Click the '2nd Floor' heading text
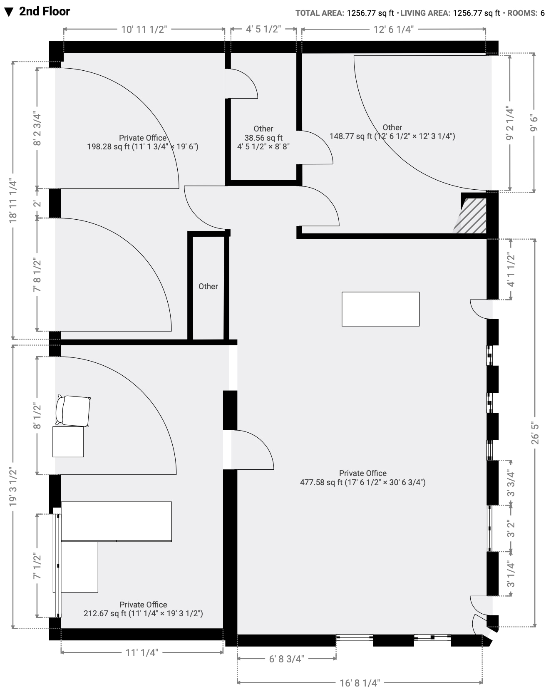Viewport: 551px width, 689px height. pos(45,12)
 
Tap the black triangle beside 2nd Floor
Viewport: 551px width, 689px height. pos(9,12)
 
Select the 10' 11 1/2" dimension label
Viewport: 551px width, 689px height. pos(144,29)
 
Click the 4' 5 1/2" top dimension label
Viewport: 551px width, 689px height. pos(263,29)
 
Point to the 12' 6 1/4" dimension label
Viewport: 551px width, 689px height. pos(393,29)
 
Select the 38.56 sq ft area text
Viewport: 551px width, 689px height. pos(263,138)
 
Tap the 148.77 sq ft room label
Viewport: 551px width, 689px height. pos(392,136)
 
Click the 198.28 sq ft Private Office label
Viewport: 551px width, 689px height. pos(143,146)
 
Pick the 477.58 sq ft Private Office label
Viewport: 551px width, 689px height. pos(362,482)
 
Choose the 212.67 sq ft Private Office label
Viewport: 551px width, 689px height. pos(143,613)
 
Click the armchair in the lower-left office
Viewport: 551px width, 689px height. pos(74,411)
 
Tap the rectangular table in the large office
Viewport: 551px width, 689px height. pos(380,309)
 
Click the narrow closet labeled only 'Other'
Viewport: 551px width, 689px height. pos(208,286)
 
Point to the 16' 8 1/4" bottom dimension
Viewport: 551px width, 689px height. pos(360,683)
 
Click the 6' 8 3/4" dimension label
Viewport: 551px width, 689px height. pos(287,659)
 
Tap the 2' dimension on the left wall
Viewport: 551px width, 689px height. pos(37,204)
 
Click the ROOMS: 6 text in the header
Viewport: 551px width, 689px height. pos(526,13)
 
